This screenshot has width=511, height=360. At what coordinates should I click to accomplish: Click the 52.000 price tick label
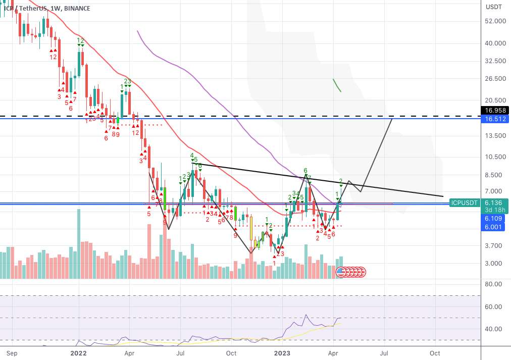point(495,21)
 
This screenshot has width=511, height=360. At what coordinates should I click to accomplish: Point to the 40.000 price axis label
point(495,43)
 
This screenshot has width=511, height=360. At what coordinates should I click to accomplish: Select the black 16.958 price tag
point(495,110)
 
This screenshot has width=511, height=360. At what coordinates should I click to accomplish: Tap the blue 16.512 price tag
point(495,119)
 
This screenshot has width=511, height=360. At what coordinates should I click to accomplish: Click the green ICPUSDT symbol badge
point(465,202)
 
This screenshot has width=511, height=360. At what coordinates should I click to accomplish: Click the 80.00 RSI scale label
point(494,284)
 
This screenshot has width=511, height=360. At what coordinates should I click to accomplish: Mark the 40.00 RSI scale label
point(494,329)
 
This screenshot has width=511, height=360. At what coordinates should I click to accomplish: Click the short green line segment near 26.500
point(337,85)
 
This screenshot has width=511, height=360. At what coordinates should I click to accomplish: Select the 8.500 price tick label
point(495,175)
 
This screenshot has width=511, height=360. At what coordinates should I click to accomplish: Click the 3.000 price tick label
point(495,263)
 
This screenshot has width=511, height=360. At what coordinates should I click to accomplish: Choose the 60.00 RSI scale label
point(494,306)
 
